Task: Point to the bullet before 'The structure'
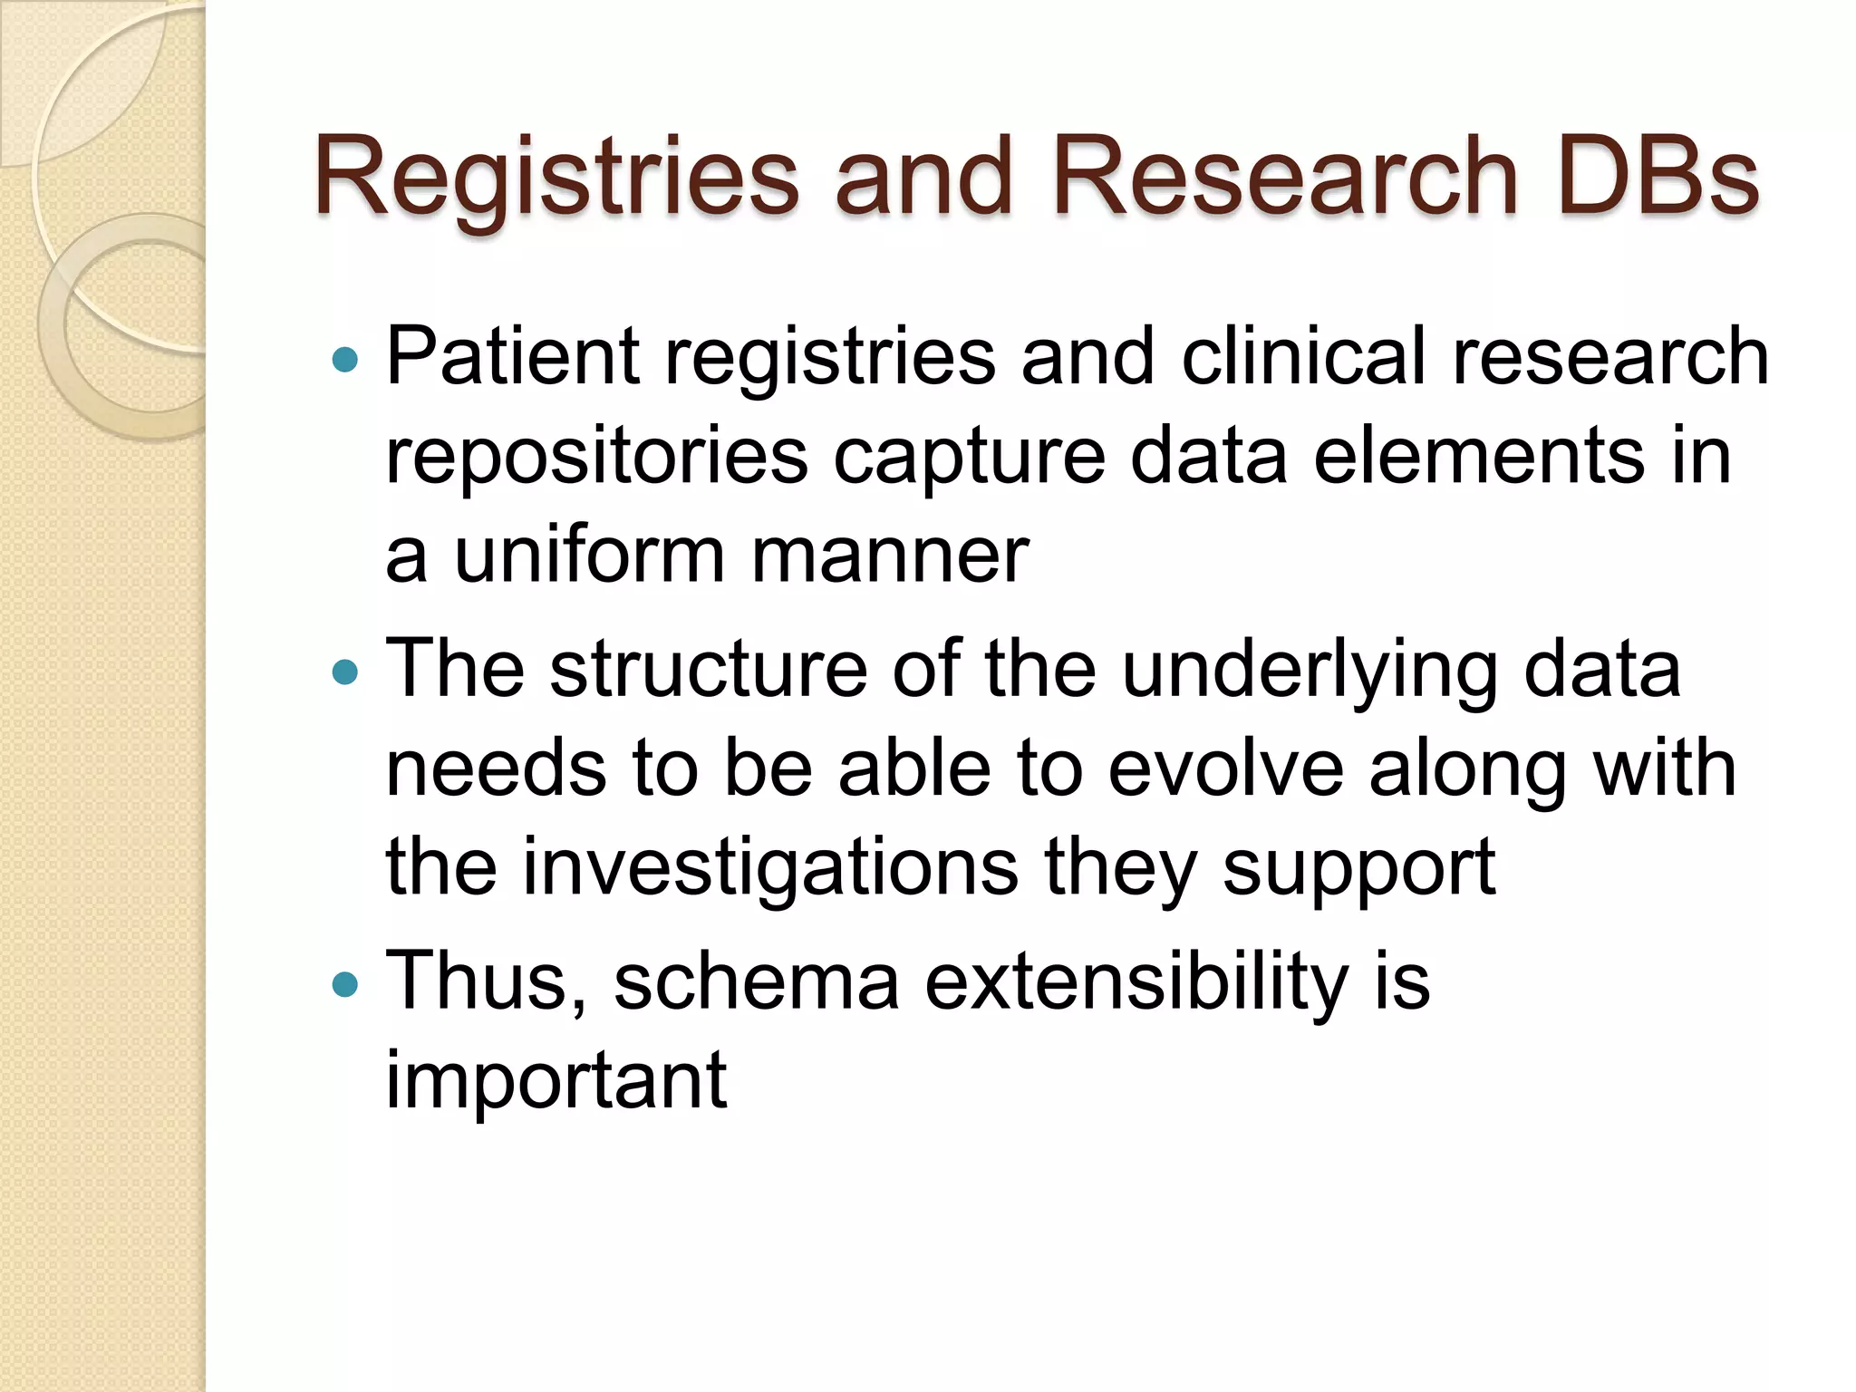click(345, 672)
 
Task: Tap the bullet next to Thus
click(345, 984)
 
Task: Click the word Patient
click(514, 356)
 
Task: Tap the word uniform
click(589, 554)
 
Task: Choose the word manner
click(890, 554)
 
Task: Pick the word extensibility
click(1136, 982)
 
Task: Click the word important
click(556, 1081)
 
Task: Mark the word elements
click(1478, 456)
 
